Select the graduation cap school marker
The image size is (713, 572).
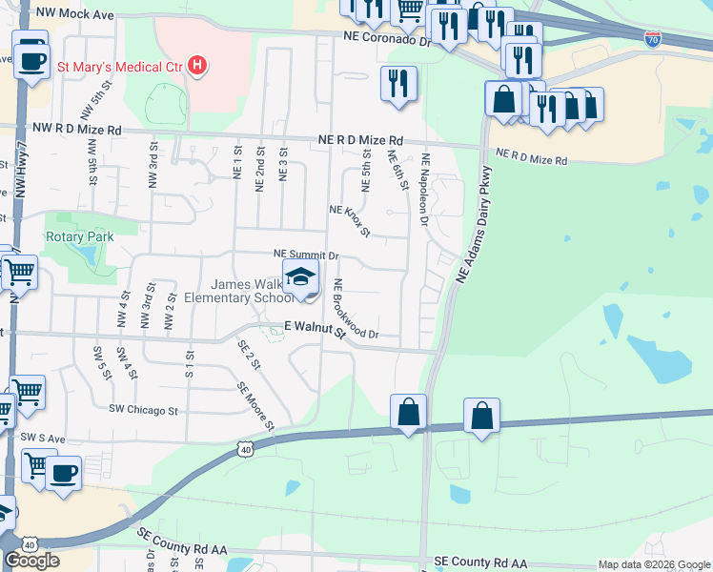(x=301, y=278)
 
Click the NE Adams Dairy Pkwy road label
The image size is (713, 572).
(x=476, y=224)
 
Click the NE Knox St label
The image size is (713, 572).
(x=349, y=220)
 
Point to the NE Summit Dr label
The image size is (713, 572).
(x=306, y=255)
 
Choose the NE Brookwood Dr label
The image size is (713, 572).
(x=356, y=309)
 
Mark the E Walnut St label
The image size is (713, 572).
(x=314, y=327)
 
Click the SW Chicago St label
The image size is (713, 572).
(x=144, y=411)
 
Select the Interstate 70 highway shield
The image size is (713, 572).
(x=652, y=39)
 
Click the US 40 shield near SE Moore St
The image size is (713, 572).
(x=246, y=448)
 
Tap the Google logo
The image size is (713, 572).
(x=31, y=561)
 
